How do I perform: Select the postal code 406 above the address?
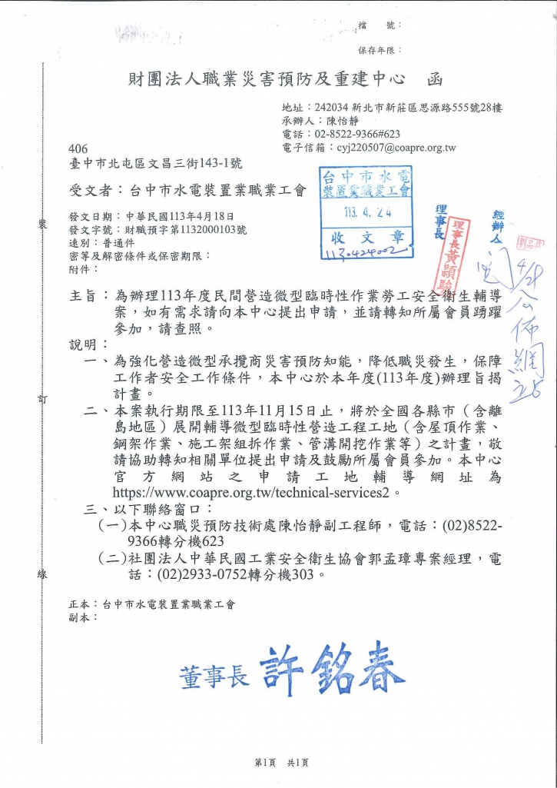tap(78, 148)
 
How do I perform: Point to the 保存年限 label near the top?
tap(376, 50)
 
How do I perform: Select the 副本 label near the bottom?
tap(83, 617)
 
